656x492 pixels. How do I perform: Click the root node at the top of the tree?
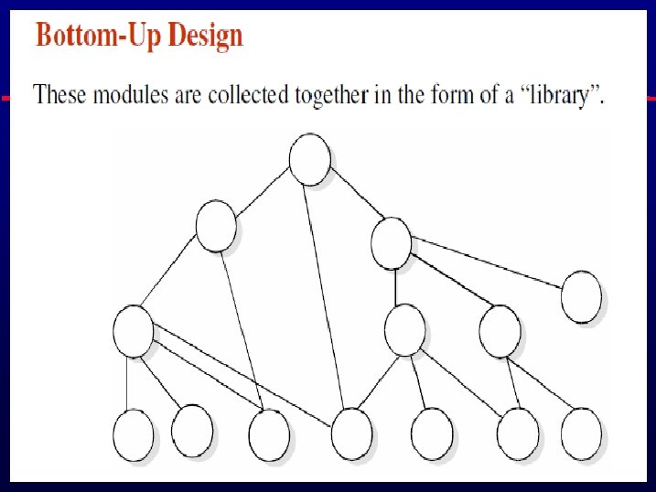coord(309,158)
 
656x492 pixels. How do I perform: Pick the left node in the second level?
coord(216,226)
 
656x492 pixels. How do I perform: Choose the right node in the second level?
coord(392,242)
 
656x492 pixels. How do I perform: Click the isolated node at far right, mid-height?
coord(581,297)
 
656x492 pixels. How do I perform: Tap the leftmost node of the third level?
coord(134,331)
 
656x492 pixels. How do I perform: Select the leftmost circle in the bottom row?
coord(134,434)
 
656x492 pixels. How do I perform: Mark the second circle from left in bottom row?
coord(192,429)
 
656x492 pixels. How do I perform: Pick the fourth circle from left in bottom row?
coord(351,433)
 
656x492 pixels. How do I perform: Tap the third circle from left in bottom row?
coord(268,433)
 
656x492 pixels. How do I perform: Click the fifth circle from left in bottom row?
coord(432,433)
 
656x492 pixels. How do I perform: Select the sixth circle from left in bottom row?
coord(518,433)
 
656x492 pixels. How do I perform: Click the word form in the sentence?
coord(451,95)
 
